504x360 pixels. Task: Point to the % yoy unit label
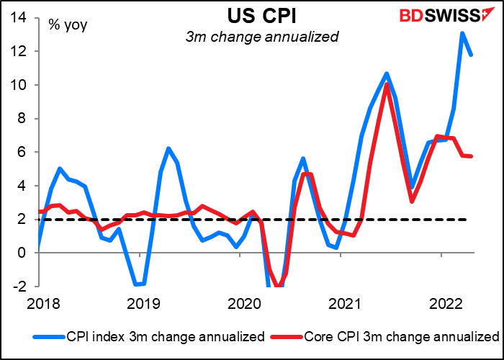tap(66, 24)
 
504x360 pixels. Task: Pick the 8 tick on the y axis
tap(24, 118)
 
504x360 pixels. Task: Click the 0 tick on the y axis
tap(24, 253)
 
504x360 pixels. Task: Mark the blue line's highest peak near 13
tap(462, 33)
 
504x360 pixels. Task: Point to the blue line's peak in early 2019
tap(168, 148)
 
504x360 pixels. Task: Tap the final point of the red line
tap(472, 156)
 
